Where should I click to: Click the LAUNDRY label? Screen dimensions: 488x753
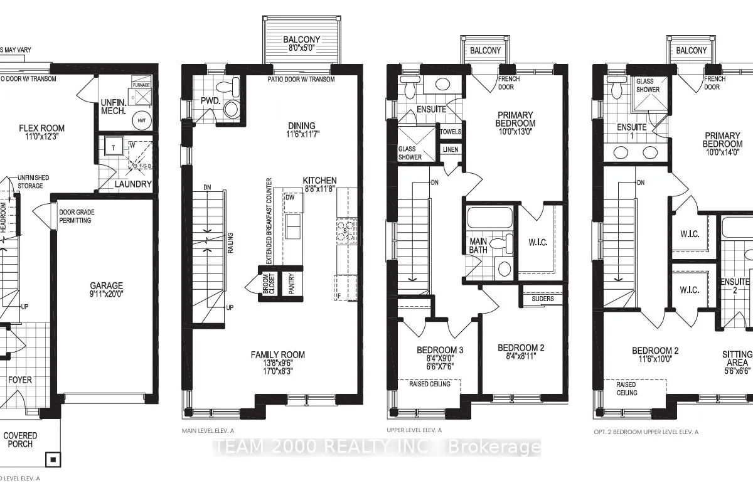coord(134,184)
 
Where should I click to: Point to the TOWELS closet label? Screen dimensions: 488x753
coord(451,132)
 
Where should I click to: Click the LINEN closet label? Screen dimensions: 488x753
coord(450,149)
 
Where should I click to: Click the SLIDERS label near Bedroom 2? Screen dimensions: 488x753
coord(542,299)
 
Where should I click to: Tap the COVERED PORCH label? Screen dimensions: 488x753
coord(21,440)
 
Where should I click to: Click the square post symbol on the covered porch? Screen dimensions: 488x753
coord(53,460)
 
